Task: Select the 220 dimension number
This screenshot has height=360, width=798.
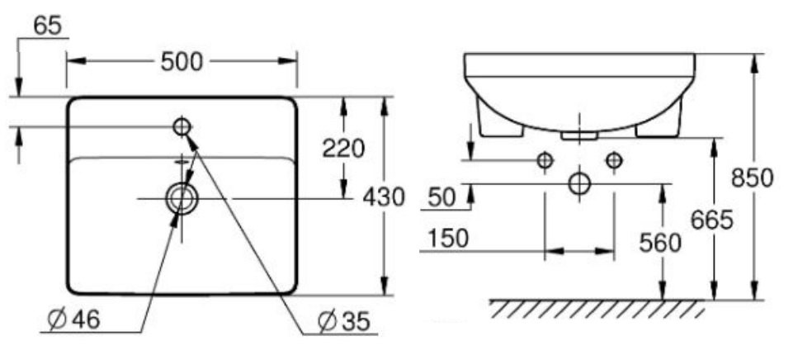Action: (343, 149)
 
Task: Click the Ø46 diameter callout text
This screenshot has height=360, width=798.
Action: (73, 320)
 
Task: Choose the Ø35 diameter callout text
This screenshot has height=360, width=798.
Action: (340, 320)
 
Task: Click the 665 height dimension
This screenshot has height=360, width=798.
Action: (713, 220)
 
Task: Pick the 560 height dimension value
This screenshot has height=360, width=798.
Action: (660, 242)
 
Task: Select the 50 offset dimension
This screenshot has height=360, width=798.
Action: (442, 197)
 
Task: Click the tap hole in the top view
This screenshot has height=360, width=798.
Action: (182, 126)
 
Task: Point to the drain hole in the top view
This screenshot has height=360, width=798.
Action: (181, 198)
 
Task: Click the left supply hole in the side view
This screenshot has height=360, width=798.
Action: (544, 160)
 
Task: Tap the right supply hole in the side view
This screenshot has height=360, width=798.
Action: (613, 160)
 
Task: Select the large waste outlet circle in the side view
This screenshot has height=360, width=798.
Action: (580, 182)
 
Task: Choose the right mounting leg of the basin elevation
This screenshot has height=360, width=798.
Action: (660, 124)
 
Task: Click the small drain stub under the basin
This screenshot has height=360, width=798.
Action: (579, 134)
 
